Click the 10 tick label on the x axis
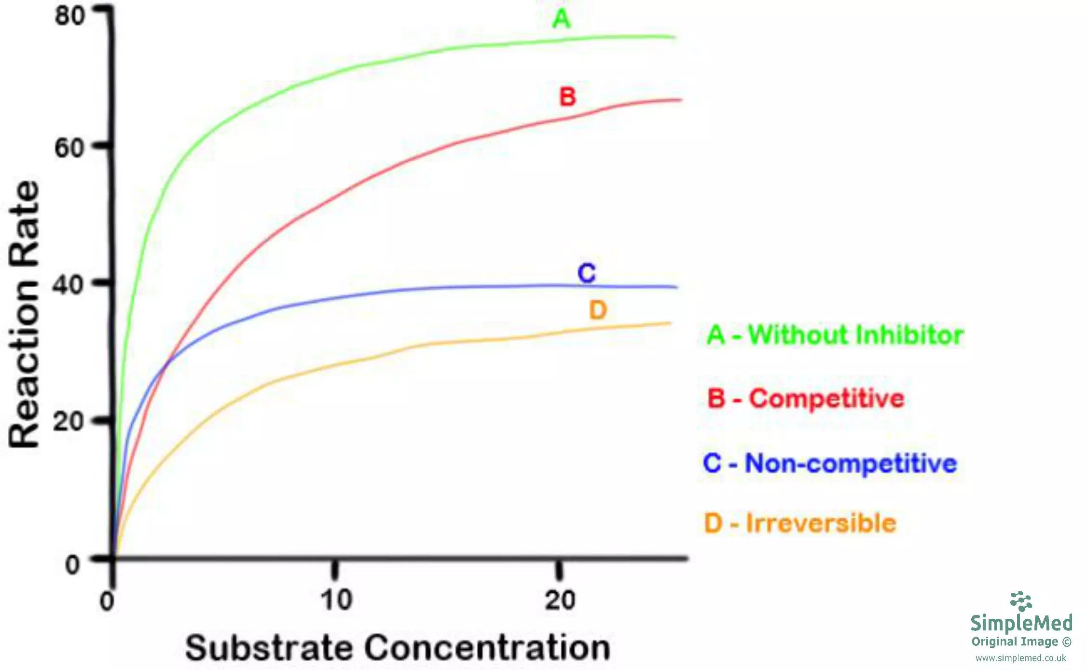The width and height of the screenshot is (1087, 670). click(x=336, y=600)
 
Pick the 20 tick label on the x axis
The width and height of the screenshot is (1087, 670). click(x=560, y=600)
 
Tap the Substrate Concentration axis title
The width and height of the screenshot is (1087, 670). click(x=398, y=647)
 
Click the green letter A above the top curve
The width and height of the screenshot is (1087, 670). click(x=561, y=19)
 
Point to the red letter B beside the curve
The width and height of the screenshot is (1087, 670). click(x=567, y=97)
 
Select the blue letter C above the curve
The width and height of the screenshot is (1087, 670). click(x=587, y=273)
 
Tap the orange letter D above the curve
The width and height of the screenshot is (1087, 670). click(x=598, y=310)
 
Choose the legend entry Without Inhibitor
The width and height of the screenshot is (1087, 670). click(x=835, y=335)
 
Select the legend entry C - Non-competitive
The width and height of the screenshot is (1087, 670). click(x=830, y=463)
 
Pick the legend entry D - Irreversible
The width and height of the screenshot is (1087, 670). click(x=800, y=523)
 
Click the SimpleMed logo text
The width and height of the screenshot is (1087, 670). click(x=1021, y=622)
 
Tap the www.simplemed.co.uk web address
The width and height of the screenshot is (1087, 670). click(x=1020, y=658)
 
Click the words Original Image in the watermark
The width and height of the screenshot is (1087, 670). click(x=1015, y=642)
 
